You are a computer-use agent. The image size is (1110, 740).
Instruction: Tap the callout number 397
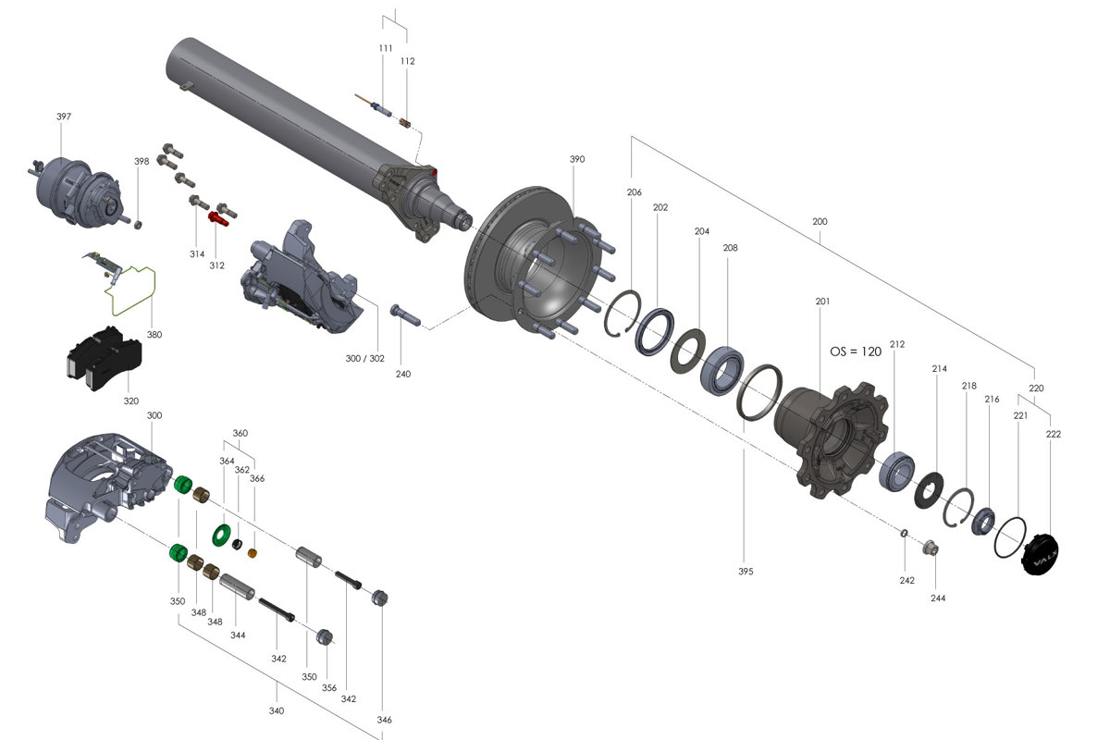pos(63,117)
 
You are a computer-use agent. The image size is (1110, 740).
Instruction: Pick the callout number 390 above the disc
pos(576,159)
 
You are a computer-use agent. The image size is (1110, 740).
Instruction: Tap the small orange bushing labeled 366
pos(253,553)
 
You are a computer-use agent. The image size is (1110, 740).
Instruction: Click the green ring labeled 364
pos(221,533)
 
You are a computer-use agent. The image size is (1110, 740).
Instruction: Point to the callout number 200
pos(820,222)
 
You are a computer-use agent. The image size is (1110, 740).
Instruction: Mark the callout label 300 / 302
pos(364,357)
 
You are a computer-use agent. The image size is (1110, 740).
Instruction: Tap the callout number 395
pos(746,571)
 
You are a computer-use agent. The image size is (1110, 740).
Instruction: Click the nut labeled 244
pos(931,549)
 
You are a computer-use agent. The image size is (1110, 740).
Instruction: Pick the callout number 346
pos(384,719)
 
